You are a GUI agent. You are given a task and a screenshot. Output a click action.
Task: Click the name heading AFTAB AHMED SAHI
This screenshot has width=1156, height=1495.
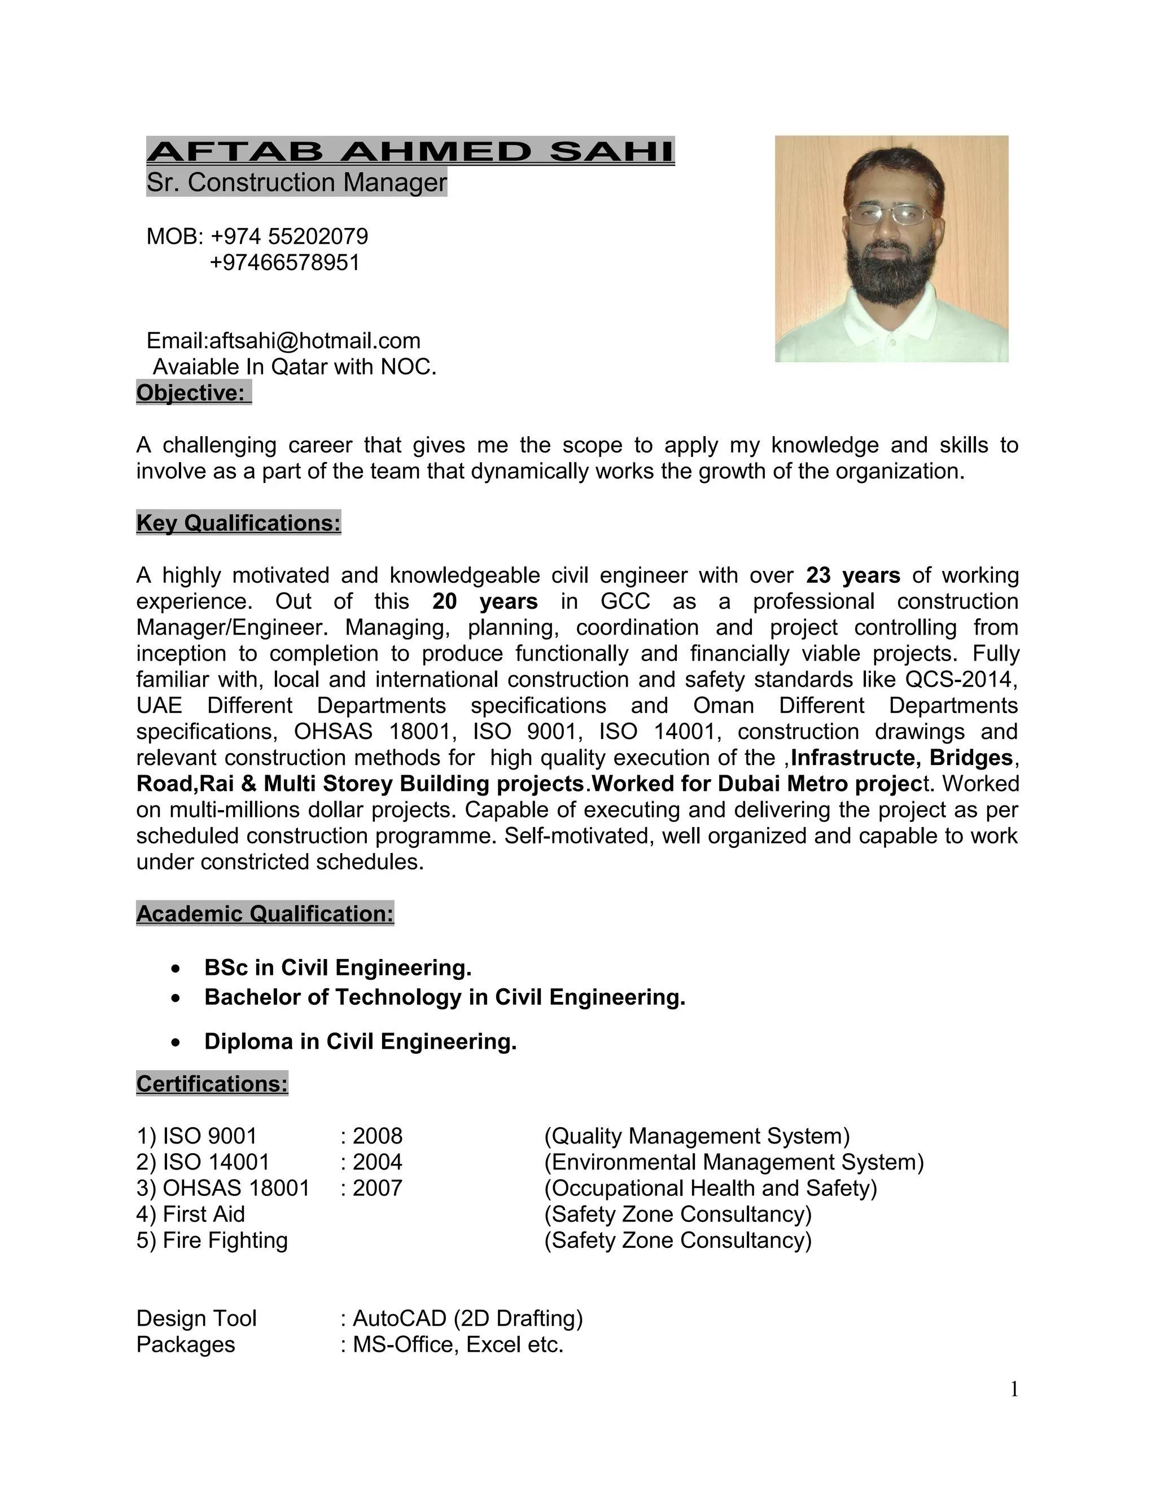tap(410, 151)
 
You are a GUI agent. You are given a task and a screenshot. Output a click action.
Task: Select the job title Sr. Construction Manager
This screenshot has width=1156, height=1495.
tap(296, 183)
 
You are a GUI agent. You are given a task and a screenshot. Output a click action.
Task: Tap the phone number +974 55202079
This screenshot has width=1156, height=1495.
tap(289, 237)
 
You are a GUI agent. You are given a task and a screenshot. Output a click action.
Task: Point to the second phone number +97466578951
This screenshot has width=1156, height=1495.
tap(284, 263)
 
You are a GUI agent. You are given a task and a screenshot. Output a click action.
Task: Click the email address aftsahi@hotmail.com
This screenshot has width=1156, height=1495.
tap(315, 341)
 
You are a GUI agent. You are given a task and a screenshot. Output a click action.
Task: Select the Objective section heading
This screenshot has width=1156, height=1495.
tap(191, 393)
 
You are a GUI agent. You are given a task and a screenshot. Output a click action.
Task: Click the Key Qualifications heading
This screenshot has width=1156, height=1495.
tap(238, 523)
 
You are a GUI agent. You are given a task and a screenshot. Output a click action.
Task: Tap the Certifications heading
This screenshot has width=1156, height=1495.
tap(212, 1084)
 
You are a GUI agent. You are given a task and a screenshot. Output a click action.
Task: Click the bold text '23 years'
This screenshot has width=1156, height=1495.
tap(853, 575)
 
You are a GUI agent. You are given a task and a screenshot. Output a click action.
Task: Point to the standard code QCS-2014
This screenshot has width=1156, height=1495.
tap(961, 680)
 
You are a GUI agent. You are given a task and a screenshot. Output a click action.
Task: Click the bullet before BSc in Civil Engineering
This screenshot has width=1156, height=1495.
tap(177, 969)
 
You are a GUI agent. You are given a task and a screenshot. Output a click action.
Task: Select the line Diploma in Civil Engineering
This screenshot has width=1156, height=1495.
tap(360, 1041)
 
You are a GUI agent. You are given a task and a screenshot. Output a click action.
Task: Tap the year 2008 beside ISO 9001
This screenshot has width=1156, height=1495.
tap(378, 1136)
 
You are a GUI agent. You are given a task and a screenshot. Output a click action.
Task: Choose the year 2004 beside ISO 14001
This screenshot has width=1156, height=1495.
tap(378, 1162)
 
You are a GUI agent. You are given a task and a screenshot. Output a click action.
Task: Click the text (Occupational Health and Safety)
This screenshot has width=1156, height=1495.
tap(710, 1188)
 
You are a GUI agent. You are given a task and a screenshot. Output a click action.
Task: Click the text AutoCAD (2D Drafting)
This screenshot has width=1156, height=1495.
tap(467, 1318)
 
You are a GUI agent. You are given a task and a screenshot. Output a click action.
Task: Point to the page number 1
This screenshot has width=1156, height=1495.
tap(1014, 1390)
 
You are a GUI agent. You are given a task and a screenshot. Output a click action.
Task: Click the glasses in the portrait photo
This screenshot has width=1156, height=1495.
tap(890, 215)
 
